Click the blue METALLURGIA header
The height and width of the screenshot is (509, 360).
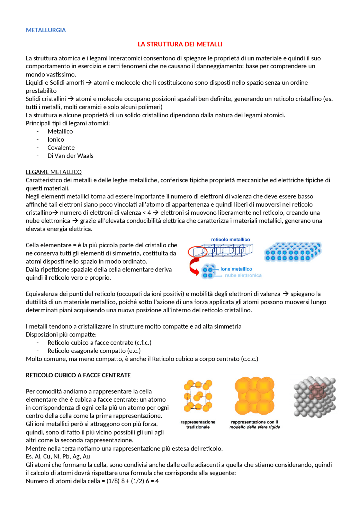46,30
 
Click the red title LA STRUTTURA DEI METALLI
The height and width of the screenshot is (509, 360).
180,44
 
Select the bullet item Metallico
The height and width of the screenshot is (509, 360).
60,131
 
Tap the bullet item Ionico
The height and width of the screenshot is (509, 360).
56,139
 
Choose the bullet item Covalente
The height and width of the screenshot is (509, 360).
61,148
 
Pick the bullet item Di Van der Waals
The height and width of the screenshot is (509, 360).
70,156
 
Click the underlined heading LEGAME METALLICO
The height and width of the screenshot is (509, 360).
53,172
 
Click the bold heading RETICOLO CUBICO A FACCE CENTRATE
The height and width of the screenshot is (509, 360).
78,375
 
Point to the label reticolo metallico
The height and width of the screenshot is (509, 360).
230,239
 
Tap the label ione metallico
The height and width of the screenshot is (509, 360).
236,269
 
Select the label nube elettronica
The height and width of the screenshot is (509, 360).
243,275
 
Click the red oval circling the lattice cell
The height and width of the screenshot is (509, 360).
197,252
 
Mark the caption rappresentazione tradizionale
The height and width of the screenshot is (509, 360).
198,424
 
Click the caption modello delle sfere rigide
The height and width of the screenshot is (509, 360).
255,427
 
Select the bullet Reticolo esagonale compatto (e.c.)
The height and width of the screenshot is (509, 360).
94,350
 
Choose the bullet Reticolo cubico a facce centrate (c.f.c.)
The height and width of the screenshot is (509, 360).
99,342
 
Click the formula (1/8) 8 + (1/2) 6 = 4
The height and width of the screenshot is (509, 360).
132,481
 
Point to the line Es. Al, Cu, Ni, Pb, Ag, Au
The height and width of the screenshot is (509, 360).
58,456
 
